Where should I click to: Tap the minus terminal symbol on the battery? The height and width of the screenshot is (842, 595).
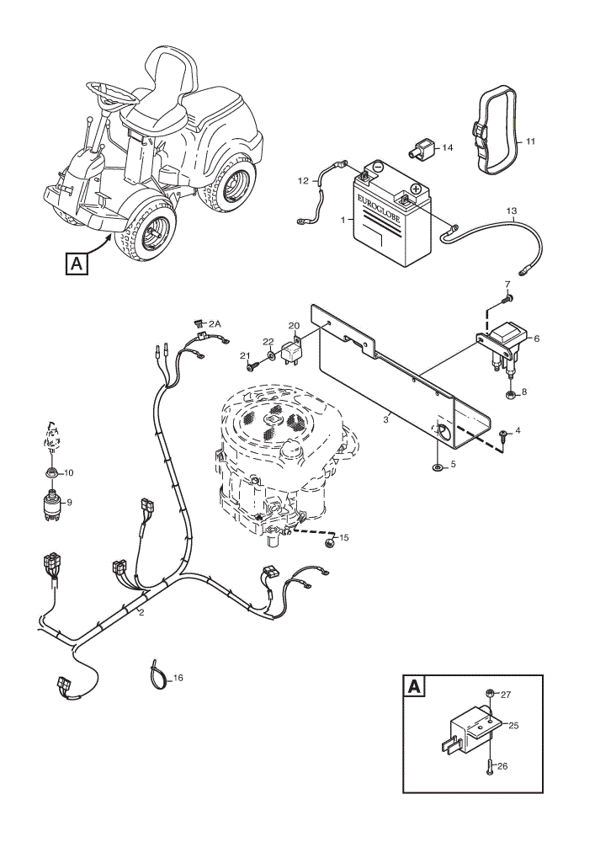[378, 166]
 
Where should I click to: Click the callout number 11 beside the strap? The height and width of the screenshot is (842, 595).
[530, 141]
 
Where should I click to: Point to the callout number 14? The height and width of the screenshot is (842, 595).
[448, 147]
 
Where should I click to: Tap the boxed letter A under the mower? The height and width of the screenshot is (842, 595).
[77, 264]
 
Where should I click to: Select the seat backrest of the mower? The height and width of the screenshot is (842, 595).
[169, 70]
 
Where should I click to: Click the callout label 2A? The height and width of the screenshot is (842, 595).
[215, 323]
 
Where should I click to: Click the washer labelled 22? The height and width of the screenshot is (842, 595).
[271, 354]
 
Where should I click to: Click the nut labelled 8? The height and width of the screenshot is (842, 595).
[511, 397]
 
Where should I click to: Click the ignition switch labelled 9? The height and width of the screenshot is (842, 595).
[52, 504]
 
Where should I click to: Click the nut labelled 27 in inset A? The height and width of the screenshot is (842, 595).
[490, 693]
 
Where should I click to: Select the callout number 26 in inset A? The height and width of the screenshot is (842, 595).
[502, 766]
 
